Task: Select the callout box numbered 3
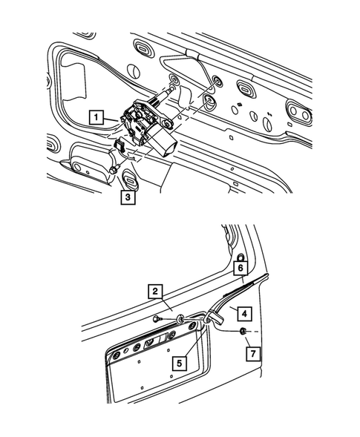click(x=128, y=197)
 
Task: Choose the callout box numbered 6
click(x=240, y=268)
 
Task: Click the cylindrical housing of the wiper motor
click(x=161, y=141)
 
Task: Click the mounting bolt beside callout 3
click(x=112, y=171)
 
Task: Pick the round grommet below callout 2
click(x=180, y=318)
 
